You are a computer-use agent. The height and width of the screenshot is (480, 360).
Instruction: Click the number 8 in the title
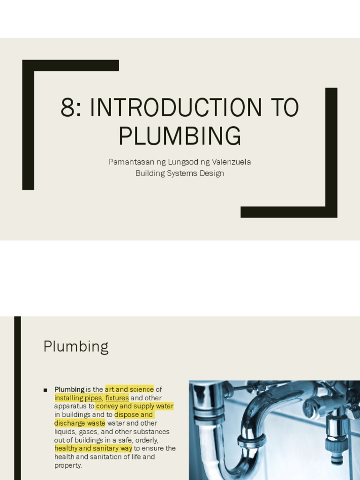[x=67, y=108]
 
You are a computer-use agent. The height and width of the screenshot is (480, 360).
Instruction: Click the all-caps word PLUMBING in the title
[x=180, y=136]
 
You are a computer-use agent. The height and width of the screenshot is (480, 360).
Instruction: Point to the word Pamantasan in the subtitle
[x=129, y=162]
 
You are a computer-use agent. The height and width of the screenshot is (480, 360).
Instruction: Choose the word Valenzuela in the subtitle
[x=231, y=162]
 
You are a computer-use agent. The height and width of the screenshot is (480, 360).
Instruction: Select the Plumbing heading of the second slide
[x=76, y=347]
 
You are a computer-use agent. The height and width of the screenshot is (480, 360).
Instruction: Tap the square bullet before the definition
[x=45, y=390]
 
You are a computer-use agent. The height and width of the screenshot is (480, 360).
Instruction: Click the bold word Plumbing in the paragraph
[x=69, y=390]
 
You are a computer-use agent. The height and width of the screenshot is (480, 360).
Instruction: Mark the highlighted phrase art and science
[x=129, y=390]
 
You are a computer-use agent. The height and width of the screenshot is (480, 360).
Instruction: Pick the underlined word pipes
[x=93, y=398]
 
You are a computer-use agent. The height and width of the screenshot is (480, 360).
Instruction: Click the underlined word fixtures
[x=117, y=398]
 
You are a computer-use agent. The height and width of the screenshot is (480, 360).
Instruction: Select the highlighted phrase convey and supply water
[x=135, y=406]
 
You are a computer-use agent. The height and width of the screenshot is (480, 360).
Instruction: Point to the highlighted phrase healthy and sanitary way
[x=93, y=449]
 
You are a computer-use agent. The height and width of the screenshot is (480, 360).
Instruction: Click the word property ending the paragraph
[x=67, y=465]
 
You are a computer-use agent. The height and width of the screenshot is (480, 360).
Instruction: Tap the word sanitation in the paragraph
[x=109, y=457]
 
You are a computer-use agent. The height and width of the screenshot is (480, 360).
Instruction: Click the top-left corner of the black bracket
[x=28, y=66]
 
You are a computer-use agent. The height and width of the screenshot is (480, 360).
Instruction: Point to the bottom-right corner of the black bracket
[x=331, y=212]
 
